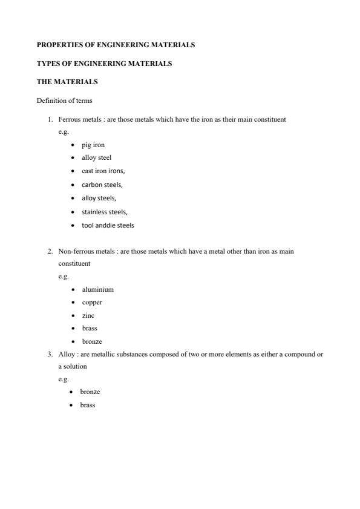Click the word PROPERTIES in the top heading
click(x=58, y=45)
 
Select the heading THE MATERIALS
click(x=67, y=81)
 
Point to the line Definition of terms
click(x=64, y=100)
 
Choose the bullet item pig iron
click(x=93, y=145)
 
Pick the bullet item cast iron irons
click(x=103, y=171)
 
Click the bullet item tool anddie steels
click(x=108, y=225)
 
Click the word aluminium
click(x=97, y=289)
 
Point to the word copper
click(x=92, y=302)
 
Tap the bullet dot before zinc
click(x=73, y=315)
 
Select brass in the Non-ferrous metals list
click(x=90, y=328)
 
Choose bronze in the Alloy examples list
click(x=90, y=392)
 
